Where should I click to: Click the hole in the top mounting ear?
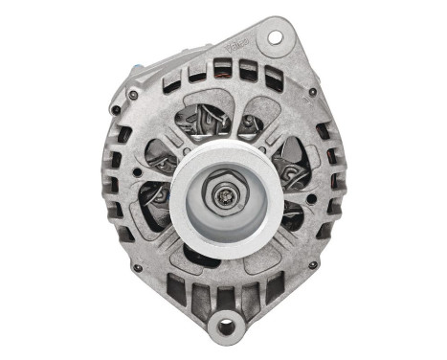click(276, 38)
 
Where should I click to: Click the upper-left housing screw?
click(133, 95)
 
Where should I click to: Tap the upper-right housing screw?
click(313, 93)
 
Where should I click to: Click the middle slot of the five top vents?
click(223, 68)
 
